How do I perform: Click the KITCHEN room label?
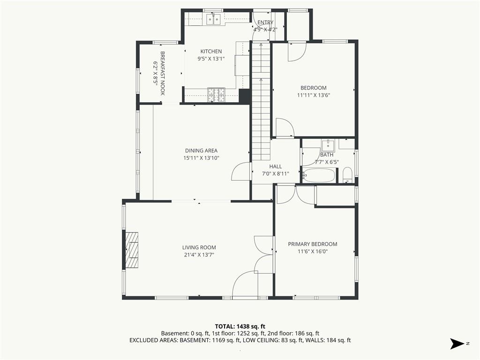click(x=211, y=52)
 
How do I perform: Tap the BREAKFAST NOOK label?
click(x=163, y=73)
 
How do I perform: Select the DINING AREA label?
click(x=201, y=150)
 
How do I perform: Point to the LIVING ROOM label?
click(x=199, y=247)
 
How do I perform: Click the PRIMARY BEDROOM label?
click(x=313, y=244)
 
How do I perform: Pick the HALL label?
click(x=276, y=166)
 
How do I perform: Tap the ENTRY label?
click(x=265, y=22)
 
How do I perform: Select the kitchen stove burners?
click(x=216, y=95)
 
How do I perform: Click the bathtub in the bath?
click(x=319, y=175)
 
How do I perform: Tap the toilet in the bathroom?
click(x=347, y=175)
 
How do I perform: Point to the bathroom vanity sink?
click(x=328, y=145)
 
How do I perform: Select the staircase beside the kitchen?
click(x=261, y=101)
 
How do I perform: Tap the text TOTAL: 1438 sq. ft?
click(x=240, y=326)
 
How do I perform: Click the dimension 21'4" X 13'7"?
click(x=199, y=255)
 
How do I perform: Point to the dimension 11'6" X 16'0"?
click(x=313, y=252)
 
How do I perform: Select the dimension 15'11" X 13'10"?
click(x=201, y=158)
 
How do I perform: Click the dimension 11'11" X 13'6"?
click(x=314, y=95)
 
